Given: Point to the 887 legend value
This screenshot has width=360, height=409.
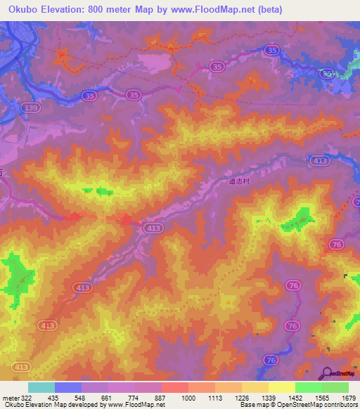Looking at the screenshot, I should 162,397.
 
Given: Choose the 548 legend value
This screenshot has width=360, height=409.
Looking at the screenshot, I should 82,397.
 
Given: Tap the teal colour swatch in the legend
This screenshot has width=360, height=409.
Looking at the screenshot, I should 41,387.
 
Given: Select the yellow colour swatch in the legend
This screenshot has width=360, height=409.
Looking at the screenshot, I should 281,387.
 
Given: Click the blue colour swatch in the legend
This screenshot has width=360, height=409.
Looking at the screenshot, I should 68,387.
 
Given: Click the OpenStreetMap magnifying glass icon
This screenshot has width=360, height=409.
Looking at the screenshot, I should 326,373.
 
